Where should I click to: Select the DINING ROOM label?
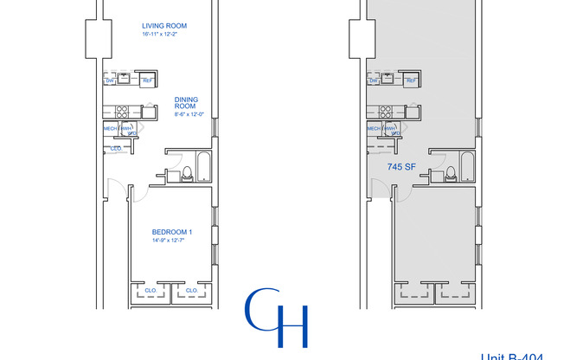tap(187, 102)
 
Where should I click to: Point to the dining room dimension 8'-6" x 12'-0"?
tap(187, 114)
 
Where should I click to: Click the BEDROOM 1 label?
tap(171, 232)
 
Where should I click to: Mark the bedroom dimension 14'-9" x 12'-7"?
tap(171, 241)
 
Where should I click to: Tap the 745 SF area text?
tap(400, 166)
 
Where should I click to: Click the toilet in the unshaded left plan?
tap(187, 173)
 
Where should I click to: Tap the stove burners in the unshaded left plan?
tap(121, 111)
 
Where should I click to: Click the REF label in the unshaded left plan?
tap(147, 80)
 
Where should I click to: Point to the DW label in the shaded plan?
tap(374, 80)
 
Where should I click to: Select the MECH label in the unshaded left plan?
tap(110, 129)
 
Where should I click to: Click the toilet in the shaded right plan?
tap(451, 173)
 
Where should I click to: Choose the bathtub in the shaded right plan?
tap(468, 166)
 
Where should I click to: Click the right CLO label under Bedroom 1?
tap(191, 290)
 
